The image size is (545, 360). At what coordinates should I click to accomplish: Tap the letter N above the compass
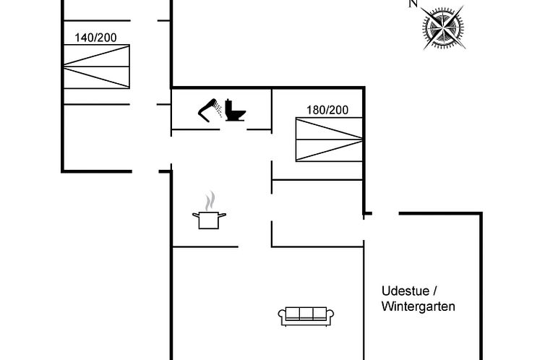tap(413, 4)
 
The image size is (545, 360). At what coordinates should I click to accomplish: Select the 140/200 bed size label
tap(95, 38)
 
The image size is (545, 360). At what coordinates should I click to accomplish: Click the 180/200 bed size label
tap(327, 110)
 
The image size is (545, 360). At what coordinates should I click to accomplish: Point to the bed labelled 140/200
tap(96, 67)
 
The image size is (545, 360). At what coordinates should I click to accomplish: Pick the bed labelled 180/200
tap(328, 139)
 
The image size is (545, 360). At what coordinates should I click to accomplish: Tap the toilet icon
tap(234, 109)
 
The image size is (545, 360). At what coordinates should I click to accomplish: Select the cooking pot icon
tap(207, 220)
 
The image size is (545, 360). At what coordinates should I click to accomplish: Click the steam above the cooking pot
tap(209, 200)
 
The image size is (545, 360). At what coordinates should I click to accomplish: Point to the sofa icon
tap(306, 314)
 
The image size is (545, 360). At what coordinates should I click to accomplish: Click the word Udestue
tap(406, 291)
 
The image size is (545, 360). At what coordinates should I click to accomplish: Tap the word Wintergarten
tap(419, 307)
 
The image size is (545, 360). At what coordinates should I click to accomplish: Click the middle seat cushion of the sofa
tap(306, 313)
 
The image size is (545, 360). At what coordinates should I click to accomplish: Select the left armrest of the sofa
tap(283, 315)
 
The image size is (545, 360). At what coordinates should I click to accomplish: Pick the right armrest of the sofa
tap(330, 315)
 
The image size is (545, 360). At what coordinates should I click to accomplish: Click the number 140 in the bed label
tap(85, 38)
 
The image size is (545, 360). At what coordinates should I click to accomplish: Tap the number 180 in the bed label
tap(317, 110)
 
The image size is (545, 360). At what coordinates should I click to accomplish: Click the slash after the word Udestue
tap(436, 291)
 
